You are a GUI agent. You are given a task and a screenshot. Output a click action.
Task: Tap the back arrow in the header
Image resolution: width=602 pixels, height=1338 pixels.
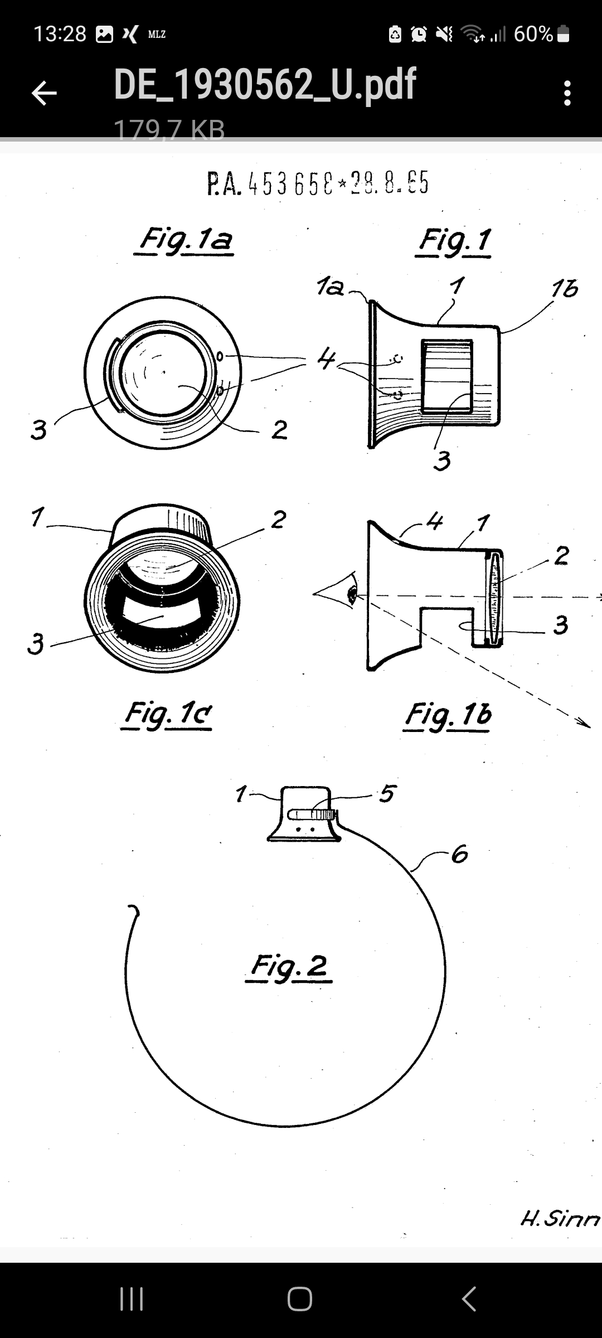point(44,93)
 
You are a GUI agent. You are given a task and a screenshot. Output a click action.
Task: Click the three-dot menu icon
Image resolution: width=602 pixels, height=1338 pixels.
point(567,93)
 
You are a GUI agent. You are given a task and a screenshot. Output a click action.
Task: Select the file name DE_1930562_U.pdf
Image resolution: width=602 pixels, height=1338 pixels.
point(265,85)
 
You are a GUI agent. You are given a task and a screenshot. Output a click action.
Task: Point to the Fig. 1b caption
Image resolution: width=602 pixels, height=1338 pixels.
point(448,715)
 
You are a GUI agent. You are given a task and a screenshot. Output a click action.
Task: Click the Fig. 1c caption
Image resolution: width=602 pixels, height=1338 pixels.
point(168,713)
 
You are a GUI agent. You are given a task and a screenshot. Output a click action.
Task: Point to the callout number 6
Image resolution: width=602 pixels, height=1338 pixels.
point(459,854)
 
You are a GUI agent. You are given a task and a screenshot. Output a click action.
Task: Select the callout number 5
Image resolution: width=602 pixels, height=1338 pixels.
point(387,793)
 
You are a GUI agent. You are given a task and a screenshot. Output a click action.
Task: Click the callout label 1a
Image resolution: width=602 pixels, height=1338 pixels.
point(330,287)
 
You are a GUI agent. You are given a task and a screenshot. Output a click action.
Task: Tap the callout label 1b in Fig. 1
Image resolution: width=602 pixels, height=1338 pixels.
point(564,289)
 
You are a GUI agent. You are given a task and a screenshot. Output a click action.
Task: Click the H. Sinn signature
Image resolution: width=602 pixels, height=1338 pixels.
point(560,1219)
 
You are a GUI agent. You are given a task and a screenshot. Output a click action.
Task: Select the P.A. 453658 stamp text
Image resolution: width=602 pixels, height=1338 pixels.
point(318,183)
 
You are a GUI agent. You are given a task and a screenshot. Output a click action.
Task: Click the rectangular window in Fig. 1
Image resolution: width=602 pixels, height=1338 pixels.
point(447,376)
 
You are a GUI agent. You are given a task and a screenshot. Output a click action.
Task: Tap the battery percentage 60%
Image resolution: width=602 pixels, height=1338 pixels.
point(533,34)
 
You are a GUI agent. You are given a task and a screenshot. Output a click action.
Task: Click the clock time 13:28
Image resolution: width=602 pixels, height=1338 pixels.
point(60,34)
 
